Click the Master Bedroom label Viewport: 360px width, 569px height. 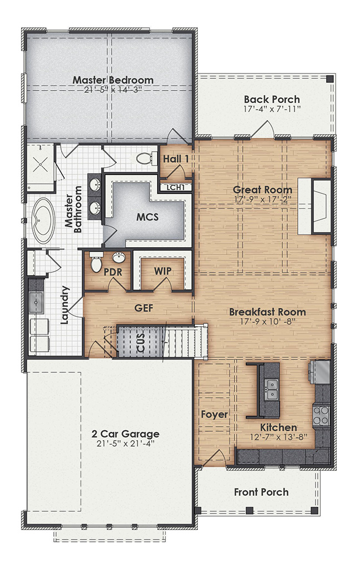(x=113, y=80)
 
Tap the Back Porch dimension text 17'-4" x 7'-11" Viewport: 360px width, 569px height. (x=272, y=109)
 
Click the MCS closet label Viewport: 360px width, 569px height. (x=147, y=217)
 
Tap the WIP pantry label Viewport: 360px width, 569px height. (x=162, y=271)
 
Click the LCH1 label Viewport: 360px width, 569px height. (x=176, y=187)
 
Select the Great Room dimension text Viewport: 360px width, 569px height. (x=262, y=199)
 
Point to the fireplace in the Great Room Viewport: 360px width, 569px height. (x=313, y=206)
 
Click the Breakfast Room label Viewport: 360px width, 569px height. (x=267, y=312)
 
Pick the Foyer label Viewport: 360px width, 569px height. (x=214, y=415)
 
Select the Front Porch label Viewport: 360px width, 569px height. (x=261, y=492)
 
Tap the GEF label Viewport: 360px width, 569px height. (x=143, y=307)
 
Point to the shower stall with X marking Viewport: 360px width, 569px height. (x=40, y=162)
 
